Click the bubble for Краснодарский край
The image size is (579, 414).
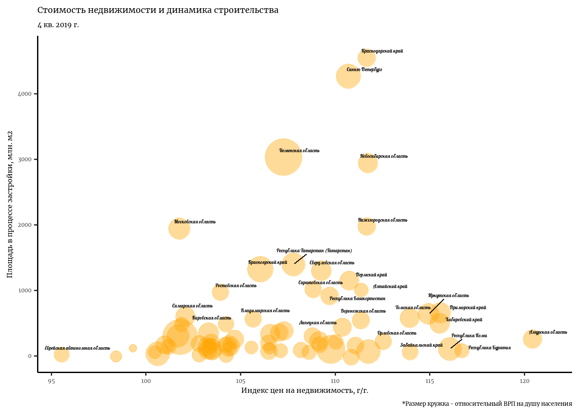tap(367, 58)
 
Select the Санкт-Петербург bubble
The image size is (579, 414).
tap(348, 76)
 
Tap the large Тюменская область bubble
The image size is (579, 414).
tap(283, 157)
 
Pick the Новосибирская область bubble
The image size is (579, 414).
tap(368, 163)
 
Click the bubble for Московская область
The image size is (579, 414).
tap(179, 229)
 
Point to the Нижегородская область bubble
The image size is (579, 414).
tap(366, 226)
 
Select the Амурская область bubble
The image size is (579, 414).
tap(532, 339)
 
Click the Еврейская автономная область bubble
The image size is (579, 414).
tap(62, 355)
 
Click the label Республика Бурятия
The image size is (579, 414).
tap(489, 348)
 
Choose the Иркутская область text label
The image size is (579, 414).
tap(448, 295)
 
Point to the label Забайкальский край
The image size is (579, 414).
tap(421, 345)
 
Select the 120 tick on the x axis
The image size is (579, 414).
tap(524, 381)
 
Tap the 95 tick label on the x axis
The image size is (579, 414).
tap(51, 381)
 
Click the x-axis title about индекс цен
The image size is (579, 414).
tap(305, 391)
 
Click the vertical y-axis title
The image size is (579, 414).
tap(10, 204)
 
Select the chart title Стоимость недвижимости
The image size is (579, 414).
tap(158, 10)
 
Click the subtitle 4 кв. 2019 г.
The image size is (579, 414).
tap(58, 25)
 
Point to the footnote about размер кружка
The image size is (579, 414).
tap(487, 404)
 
